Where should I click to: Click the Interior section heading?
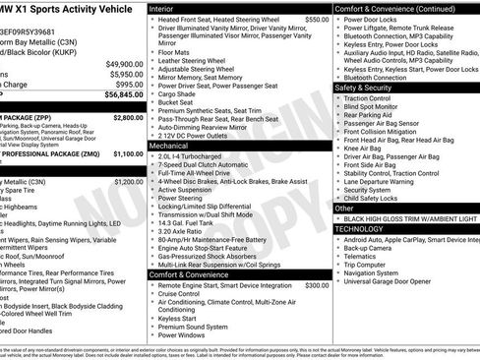[161, 8]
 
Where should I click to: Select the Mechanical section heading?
[168, 144]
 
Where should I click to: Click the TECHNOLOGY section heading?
[359, 228]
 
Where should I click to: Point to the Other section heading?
[345, 208]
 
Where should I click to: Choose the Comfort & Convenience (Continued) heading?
[393, 8]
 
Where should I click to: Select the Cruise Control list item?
[179, 293]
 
